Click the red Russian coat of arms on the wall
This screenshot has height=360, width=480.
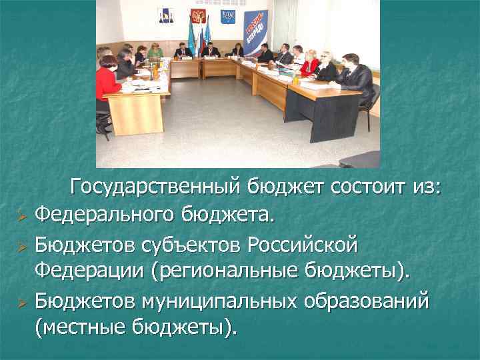point(198,17)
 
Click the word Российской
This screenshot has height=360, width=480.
point(302,245)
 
